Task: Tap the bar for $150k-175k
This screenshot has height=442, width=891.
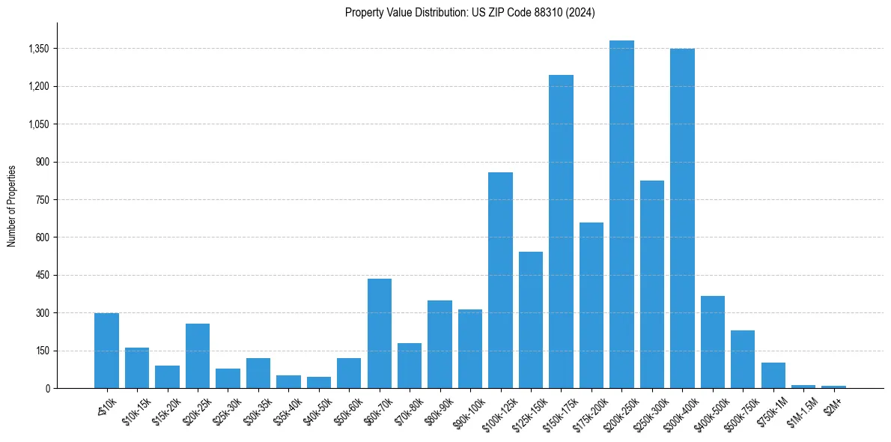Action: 561,231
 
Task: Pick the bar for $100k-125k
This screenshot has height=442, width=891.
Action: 500,280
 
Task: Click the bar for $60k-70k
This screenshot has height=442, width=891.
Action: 379,333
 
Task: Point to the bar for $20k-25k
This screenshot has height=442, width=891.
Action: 198,356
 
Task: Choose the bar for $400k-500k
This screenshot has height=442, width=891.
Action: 713,342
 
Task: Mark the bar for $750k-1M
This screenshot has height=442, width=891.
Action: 773,375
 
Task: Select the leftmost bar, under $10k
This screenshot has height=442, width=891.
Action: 106,351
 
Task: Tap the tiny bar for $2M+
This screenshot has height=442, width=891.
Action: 833,387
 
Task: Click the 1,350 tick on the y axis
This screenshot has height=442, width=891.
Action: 38,49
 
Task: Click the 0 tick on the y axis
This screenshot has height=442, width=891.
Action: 48,388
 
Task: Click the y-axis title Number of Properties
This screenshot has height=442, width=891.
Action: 12,206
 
